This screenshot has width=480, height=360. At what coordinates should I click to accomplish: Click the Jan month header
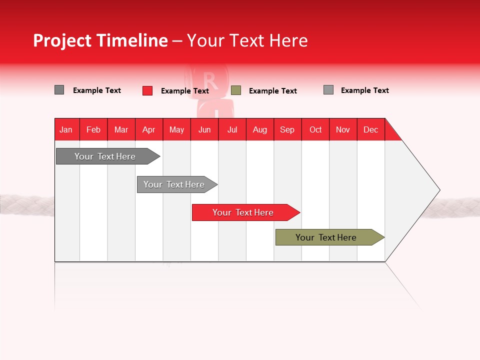[66, 129]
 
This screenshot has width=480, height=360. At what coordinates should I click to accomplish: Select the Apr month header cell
[149, 129]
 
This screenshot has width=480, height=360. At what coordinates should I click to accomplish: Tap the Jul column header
[232, 129]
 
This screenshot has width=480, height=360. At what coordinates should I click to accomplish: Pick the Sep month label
[287, 129]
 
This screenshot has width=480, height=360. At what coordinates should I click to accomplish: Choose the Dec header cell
[370, 129]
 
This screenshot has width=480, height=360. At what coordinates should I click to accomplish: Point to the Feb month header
[93, 129]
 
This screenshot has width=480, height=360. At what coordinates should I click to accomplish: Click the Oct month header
[315, 129]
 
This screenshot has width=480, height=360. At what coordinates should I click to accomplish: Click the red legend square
[147, 90]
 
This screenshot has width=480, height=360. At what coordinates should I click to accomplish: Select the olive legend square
[236, 90]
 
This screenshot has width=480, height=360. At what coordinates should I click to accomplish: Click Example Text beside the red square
[185, 91]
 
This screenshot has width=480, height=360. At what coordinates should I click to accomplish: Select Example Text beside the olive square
[273, 91]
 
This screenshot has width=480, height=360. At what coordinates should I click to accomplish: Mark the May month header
[176, 129]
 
